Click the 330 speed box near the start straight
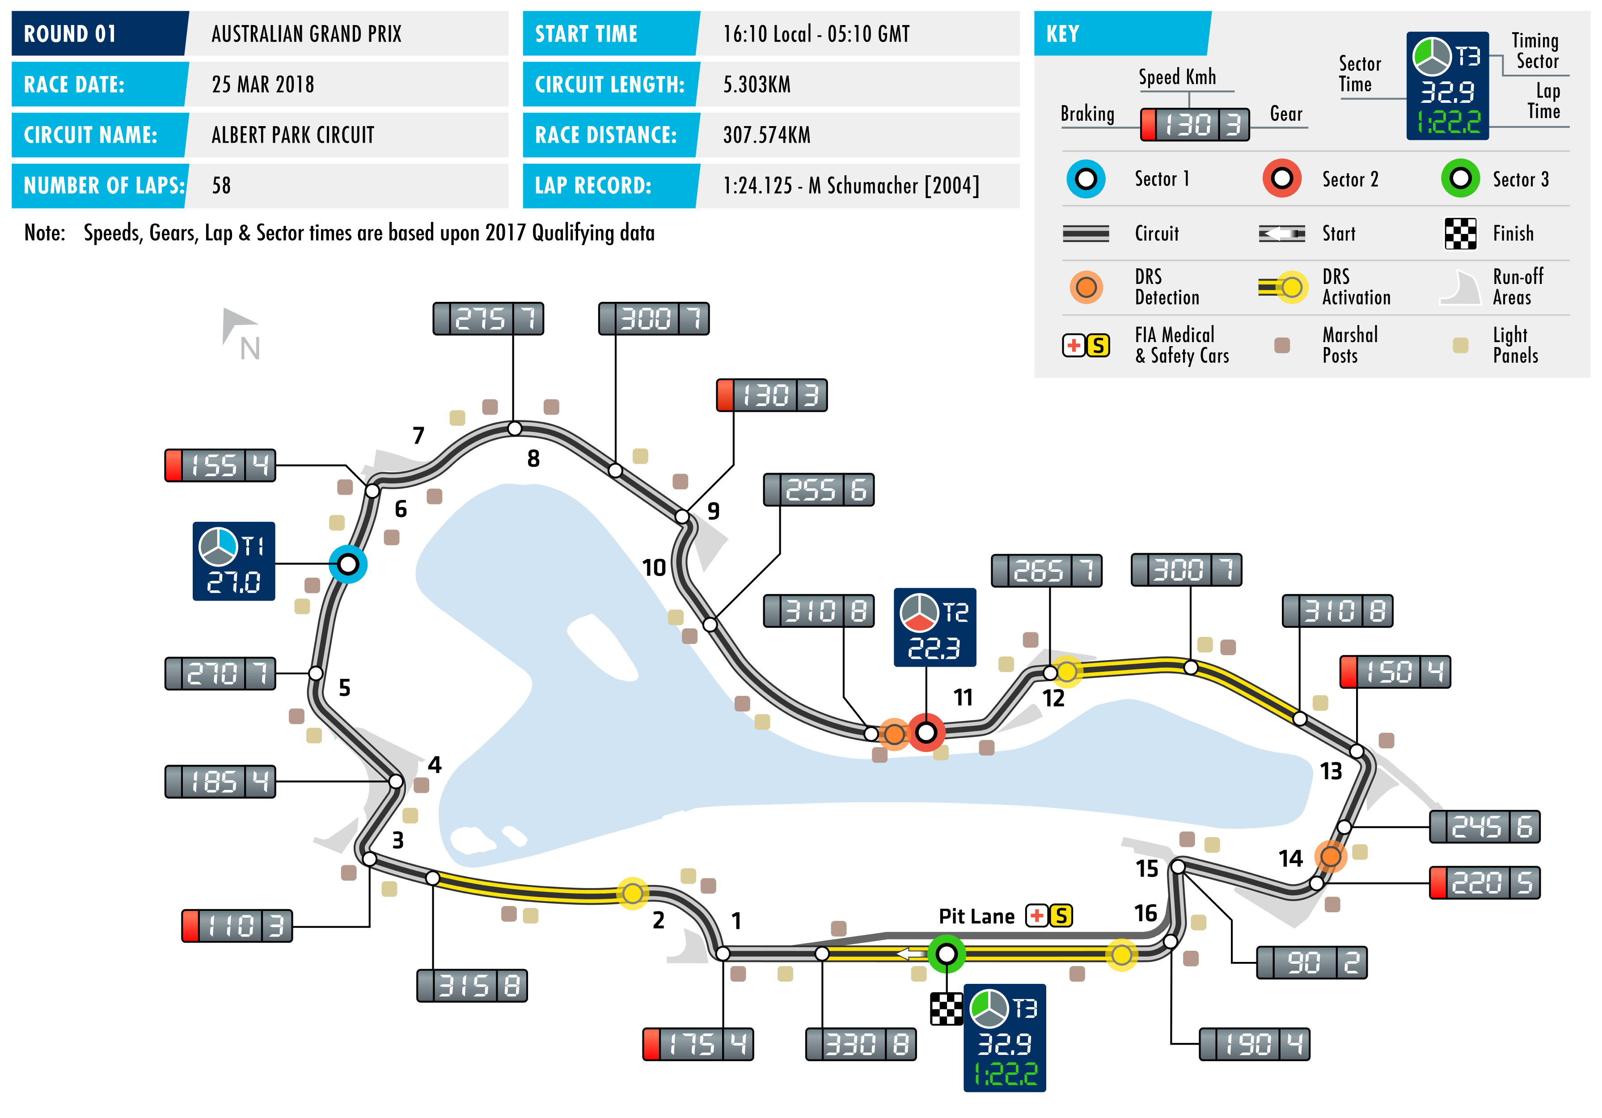pos(860,1044)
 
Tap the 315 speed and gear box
pos(472,985)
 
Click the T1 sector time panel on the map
pos(234,561)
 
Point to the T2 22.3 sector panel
pos(934,627)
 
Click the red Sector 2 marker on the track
pos(926,732)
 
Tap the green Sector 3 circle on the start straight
pos(946,953)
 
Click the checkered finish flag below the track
pos(946,1008)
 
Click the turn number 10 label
pos(654,567)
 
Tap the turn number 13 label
pos(1331,771)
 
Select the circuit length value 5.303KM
pos(757,85)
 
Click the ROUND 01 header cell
pos(99,34)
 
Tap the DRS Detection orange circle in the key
pos(1086,287)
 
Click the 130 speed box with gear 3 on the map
pos(772,395)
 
